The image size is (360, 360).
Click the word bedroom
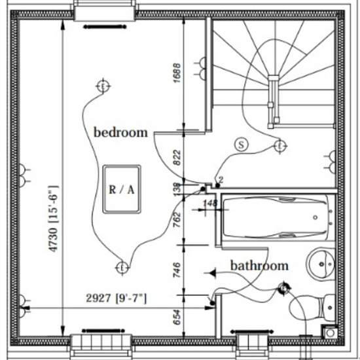[121, 132]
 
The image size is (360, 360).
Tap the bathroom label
[259, 266]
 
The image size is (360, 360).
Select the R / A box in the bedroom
[122, 189]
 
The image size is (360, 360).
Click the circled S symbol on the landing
[242, 145]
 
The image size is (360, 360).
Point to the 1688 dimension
[177, 73]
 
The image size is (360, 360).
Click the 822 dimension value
[177, 158]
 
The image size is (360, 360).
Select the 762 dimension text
[177, 220]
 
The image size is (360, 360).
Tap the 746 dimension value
[177, 270]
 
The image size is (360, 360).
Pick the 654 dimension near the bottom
[177, 317]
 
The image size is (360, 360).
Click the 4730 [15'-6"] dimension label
[53, 219]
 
